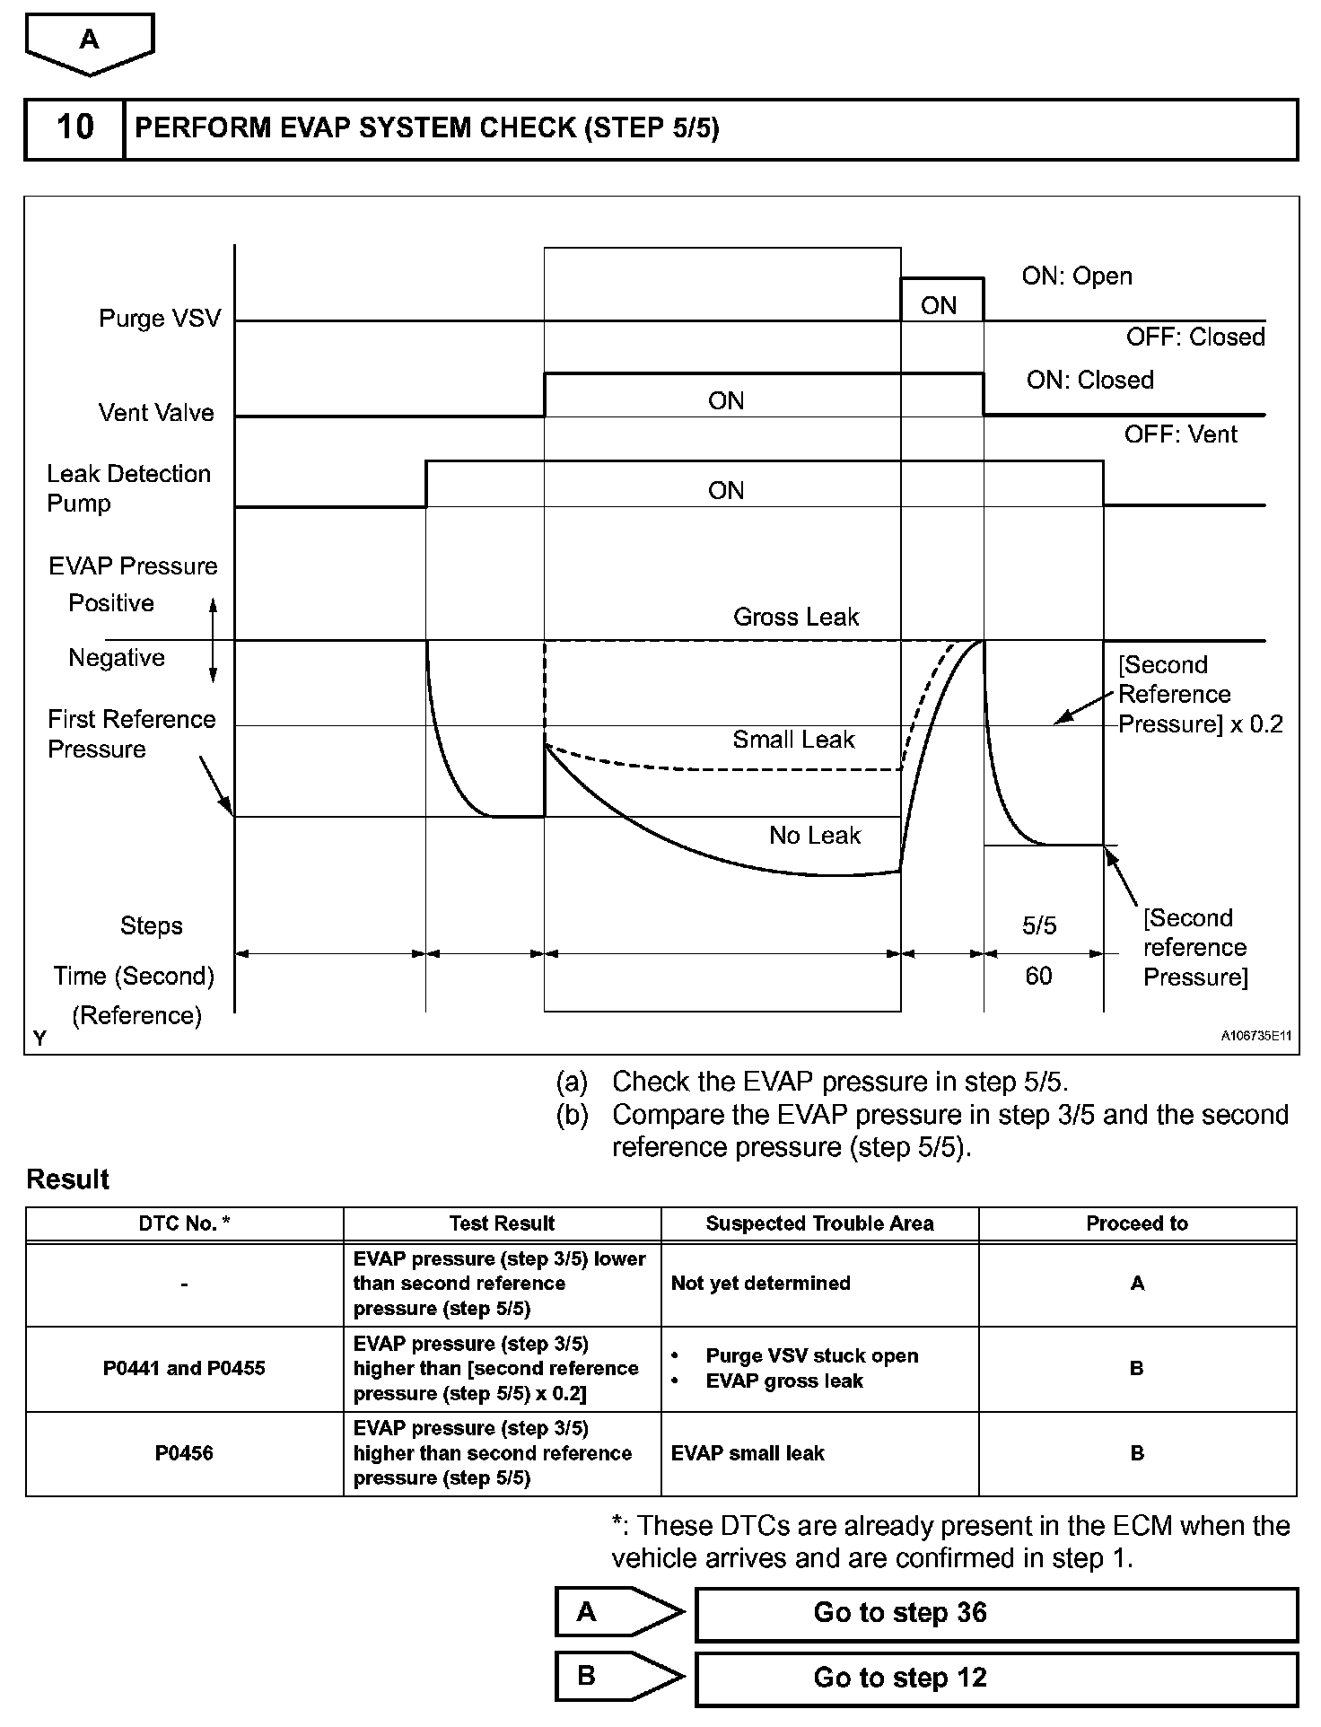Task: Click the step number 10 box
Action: pos(74,128)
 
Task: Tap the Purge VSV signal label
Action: pos(160,319)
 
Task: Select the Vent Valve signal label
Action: pos(156,413)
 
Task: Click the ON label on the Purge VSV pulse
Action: pos(939,306)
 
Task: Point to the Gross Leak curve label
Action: pos(796,617)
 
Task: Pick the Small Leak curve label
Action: pos(793,740)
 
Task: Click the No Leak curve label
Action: pos(815,836)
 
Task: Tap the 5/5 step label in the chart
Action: pos(1039,925)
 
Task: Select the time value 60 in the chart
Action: pos(1038,976)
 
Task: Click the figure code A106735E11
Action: pos(1255,1036)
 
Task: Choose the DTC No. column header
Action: pos(184,1223)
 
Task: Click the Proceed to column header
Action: pos(1137,1223)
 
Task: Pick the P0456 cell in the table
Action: pos(184,1453)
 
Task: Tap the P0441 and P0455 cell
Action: pos(184,1369)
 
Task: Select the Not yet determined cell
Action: pos(760,1284)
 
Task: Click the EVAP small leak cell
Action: pos(748,1453)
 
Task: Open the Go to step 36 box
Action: pos(996,1613)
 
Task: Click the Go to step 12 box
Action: pos(996,1678)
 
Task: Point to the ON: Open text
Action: pos(1077,276)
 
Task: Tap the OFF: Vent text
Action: pos(1180,434)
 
